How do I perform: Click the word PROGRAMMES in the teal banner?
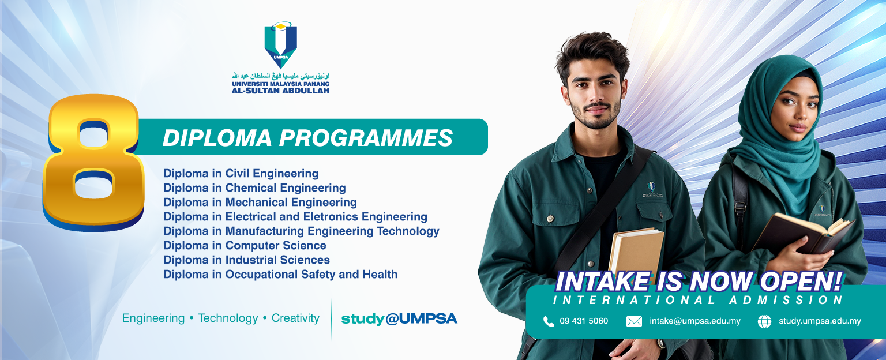[x=366, y=138]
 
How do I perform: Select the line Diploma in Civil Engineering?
[x=241, y=174]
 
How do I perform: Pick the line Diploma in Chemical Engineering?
[x=255, y=188]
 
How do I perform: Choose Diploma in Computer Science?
[x=245, y=246]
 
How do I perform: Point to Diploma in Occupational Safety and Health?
[x=280, y=275]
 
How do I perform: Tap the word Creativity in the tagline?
[x=295, y=318]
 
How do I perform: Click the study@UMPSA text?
[x=399, y=319]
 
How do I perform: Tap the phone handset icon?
[x=549, y=321]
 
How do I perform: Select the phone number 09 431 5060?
[x=584, y=321]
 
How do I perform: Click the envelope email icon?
[x=634, y=321]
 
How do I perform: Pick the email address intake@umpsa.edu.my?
[x=695, y=321]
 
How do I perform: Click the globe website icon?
[x=764, y=321]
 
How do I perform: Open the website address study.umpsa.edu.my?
[x=820, y=321]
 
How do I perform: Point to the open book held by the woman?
[x=803, y=234]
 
